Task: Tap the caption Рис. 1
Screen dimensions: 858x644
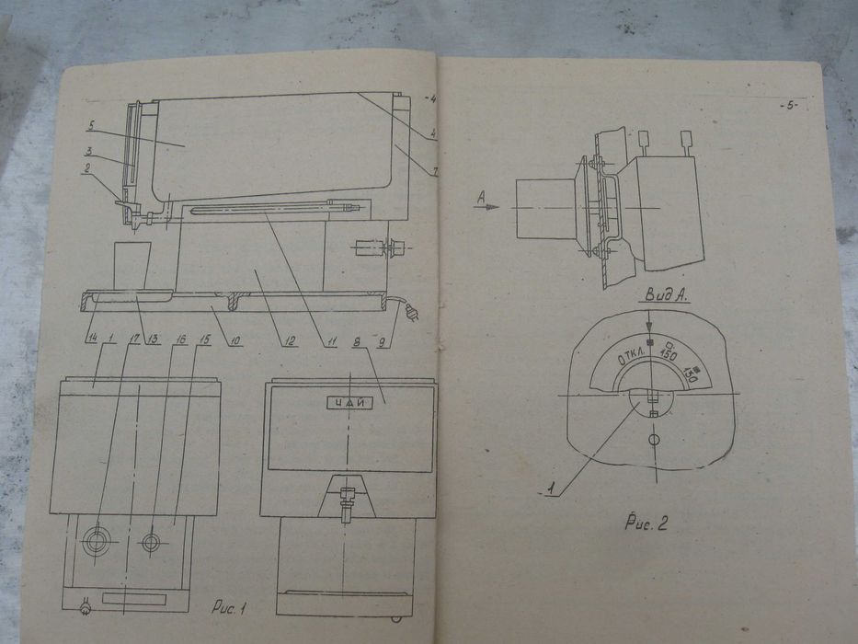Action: pyautogui.click(x=229, y=607)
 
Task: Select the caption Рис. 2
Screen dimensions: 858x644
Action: pyautogui.click(x=646, y=524)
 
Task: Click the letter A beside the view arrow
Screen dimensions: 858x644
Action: pyautogui.click(x=481, y=196)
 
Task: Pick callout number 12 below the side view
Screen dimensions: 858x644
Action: pyautogui.click(x=289, y=340)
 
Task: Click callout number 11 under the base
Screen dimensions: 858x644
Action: pyautogui.click(x=329, y=341)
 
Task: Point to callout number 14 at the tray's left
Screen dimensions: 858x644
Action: pyautogui.click(x=91, y=338)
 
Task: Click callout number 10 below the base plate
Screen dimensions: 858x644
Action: pyautogui.click(x=235, y=341)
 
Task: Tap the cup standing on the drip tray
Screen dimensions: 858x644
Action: pyautogui.click(x=130, y=265)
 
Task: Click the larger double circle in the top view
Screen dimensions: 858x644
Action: pyautogui.click(x=96, y=542)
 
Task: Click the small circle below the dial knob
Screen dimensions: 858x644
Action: pyautogui.click(x=653, y=443)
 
